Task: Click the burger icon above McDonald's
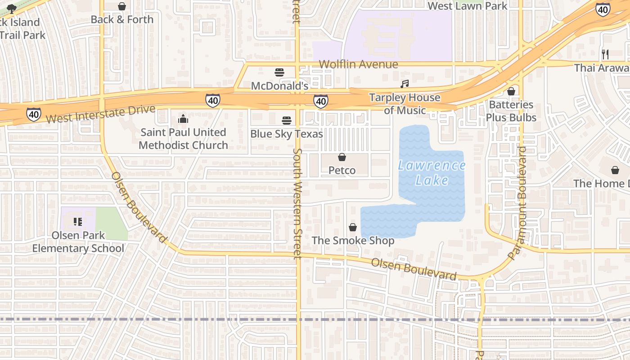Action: coord(279,72)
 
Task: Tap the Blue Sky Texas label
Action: coord(287,134)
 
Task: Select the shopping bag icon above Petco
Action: coord(342,157)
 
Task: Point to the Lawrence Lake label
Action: coord(432,173)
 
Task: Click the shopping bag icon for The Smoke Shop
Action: coord(353,227)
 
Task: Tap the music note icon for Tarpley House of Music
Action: coord(405,84)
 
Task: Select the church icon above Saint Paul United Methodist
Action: coord(183,119)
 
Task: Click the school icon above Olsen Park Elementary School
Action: coord(78,221)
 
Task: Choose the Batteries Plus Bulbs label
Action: coord(511,111)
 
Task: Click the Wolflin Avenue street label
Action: coord(359,64)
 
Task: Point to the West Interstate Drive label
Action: coord(100,114)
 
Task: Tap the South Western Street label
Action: coord(297,203)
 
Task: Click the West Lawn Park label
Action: coord(467,6)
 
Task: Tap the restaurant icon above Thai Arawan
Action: coord(605,54)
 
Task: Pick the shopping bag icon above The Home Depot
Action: coord(615,170)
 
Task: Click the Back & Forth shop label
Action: coord(122,19)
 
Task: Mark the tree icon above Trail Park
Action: coord(12,8)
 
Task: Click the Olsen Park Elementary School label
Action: coord(78,242)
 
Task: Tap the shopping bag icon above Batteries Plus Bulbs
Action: coord(511,91)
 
